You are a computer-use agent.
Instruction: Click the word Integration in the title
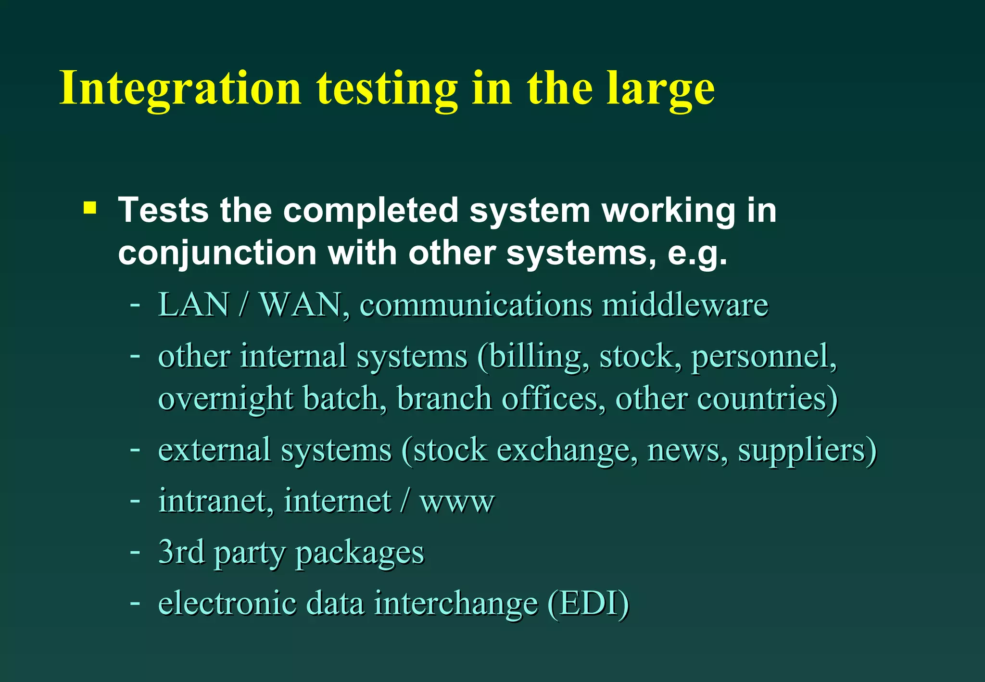180,88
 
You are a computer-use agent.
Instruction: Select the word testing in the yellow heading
387,89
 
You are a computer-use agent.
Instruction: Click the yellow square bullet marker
89,208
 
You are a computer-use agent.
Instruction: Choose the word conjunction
217,253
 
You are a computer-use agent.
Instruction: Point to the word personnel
764,357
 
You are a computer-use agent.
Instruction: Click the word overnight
226,399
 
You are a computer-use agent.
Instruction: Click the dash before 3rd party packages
135,552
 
